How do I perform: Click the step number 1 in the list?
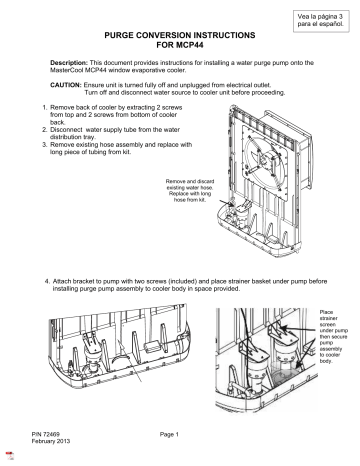coord(38,105)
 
